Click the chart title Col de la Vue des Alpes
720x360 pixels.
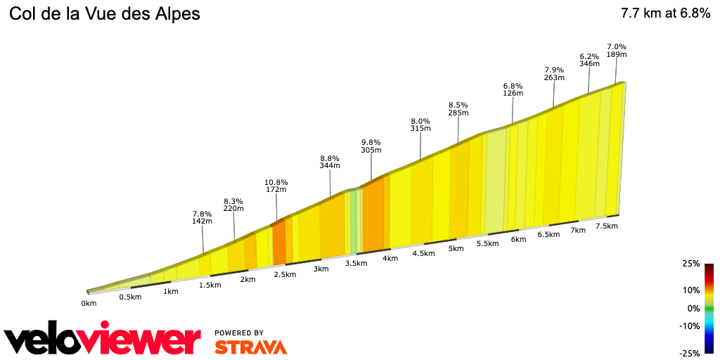coord(105,14)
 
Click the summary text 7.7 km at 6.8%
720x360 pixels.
coord(665,13)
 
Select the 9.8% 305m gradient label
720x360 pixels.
coord(371,146)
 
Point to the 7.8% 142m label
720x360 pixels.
coord(202,217)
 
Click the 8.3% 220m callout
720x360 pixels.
coord(233,204)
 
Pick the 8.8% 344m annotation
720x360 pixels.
coord(330,162)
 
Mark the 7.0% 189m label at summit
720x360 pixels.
coord(617,50)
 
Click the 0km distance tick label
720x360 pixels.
coord(89,304)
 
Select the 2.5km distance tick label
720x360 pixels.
coord(284,274)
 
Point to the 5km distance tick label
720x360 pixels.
coord(456,248)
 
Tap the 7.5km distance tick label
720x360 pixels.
coord(606,226)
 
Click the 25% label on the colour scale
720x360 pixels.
coord(690,264)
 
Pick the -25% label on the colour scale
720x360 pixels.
coord(689,353)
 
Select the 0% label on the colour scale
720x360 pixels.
coord(693,308)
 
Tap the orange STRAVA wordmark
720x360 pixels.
coord(250,347)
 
